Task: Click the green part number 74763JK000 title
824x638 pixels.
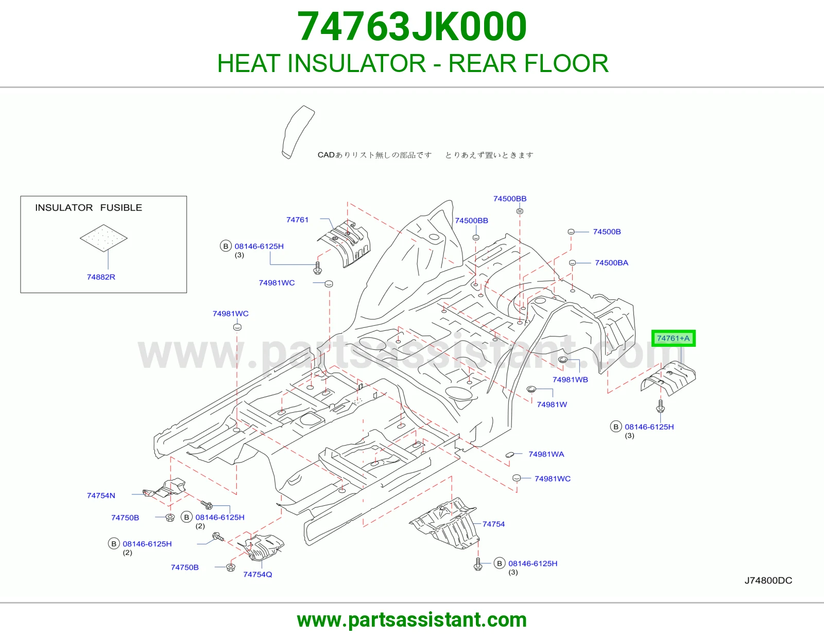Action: [412, 27]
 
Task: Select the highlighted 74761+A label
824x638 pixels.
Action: [673, 338]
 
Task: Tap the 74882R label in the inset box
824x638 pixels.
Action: [101, 277]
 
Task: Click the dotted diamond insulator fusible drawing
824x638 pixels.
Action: [104, 238]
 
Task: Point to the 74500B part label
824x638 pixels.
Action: [607, 232]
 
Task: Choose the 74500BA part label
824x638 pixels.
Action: [611, 262]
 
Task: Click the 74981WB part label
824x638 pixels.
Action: [570, 380]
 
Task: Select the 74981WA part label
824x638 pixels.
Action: [546, 454]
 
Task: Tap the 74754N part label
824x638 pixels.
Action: [101, 495]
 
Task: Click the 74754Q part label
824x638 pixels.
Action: [257, 574]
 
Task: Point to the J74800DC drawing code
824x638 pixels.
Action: [768, 580]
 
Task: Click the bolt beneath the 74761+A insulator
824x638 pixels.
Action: [660, 406]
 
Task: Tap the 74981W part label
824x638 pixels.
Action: [552, 404]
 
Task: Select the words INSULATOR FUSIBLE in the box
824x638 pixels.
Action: [89, 208]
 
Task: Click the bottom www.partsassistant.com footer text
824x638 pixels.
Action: [412, 620]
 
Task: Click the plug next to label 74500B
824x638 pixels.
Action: [571, 232]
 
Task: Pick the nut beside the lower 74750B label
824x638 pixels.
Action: [231, 567]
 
